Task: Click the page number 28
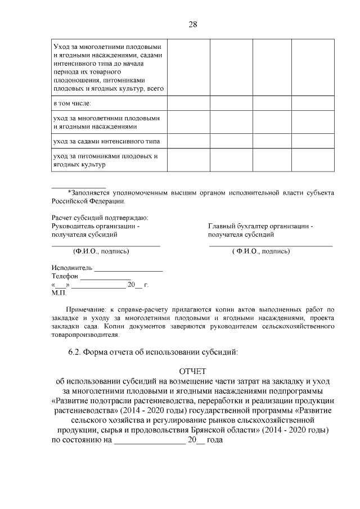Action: click(193, 24)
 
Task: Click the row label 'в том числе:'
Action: click(71, 104)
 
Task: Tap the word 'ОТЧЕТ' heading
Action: click(193, 371)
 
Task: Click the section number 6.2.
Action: click(75, 353)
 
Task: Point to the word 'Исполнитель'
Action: click(72, 268)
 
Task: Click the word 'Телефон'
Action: click(65, 277)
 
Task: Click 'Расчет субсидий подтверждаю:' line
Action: click(100, 218)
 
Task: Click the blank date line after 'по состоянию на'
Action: click(150, 443)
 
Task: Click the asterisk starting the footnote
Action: click(69, 192)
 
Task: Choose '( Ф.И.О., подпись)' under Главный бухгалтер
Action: click(261, 251)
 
